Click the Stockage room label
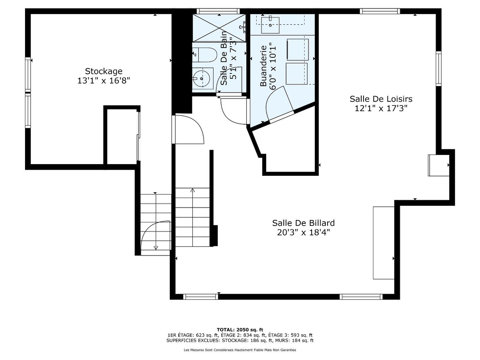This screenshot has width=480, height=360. click(x=103, y=71)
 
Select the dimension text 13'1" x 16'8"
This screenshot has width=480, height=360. click(x=104, y=81)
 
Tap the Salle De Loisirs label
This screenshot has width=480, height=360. click(x=381, y=99)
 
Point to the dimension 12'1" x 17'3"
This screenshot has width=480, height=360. click(x=381, y=108)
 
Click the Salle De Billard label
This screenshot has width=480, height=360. click(x=303, y=223)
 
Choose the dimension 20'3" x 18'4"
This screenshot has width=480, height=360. click(x=303, y=232)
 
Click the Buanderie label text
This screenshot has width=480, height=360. click(x=263, y=66)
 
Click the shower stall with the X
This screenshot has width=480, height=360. click(x=219, y=28)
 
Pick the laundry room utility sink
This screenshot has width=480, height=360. click(x=270, y=25)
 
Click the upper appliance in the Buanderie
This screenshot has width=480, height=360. click(x=298, y=49)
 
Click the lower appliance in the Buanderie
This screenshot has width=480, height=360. click(x=296, y=73)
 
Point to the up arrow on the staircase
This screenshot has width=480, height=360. click(x=192, y=191)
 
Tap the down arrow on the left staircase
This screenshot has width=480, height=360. click(x=156, y=247)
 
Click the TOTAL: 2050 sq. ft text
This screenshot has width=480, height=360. click(x=240, y=330)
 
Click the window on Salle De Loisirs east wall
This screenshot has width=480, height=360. click(x=438, y=68)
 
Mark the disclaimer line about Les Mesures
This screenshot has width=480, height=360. click(x=240, y=350)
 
